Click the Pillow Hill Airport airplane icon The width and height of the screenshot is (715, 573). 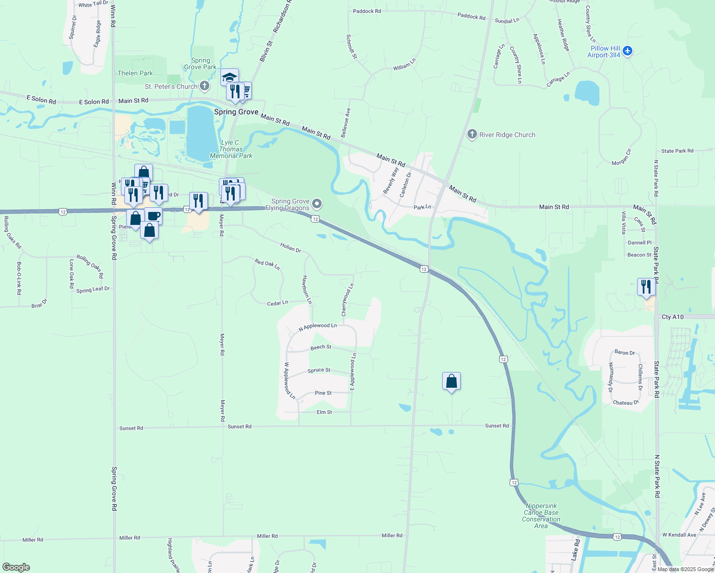pyautogui.click(x=628, y=51)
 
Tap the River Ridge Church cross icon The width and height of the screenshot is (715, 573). pyautogui.click(x=472, y=134)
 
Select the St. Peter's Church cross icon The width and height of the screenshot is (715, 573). pyautogui.click(x=204, y=86)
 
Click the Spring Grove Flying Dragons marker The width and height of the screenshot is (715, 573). pyautogui.click(x=316, y=205)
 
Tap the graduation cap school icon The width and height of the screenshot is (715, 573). pyautogui.click(x=229, y=77)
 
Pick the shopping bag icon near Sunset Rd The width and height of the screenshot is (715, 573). pyautogui.click(x=451, y=382)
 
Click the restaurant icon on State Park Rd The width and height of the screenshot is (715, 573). pyautogui.click(x=646, y=286)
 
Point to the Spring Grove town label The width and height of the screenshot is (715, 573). pyautogui.click(x=236, y=112)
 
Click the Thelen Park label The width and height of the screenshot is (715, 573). pyautogui.click(x=135, y=73)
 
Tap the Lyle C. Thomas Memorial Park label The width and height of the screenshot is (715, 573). pyautogui.click(x=231, y=149)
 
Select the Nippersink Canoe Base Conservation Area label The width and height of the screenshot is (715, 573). pyautogui.click(x=541, y=516)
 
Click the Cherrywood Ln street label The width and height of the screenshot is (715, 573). pyautogui.click(x=347, y=300)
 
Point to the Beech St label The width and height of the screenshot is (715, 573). pyautogui.click(x=321, y=347)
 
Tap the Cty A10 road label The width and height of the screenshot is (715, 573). pyautogui.click(x=672, y=317)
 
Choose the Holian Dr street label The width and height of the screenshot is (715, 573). pyautogui.click(x=291, y=247)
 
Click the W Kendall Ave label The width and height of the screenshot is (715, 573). pyautogui.click(x=679, y=535)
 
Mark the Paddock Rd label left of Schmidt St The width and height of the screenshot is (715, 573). pyautogui.click(x=367, y=11)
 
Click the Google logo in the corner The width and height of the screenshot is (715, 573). pyautogui.click(x=16, y=567)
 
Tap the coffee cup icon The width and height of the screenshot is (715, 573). pyautogui.click(x=153, y=215)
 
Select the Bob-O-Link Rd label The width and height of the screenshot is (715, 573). pyautogui.click(x=19, y=278)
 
